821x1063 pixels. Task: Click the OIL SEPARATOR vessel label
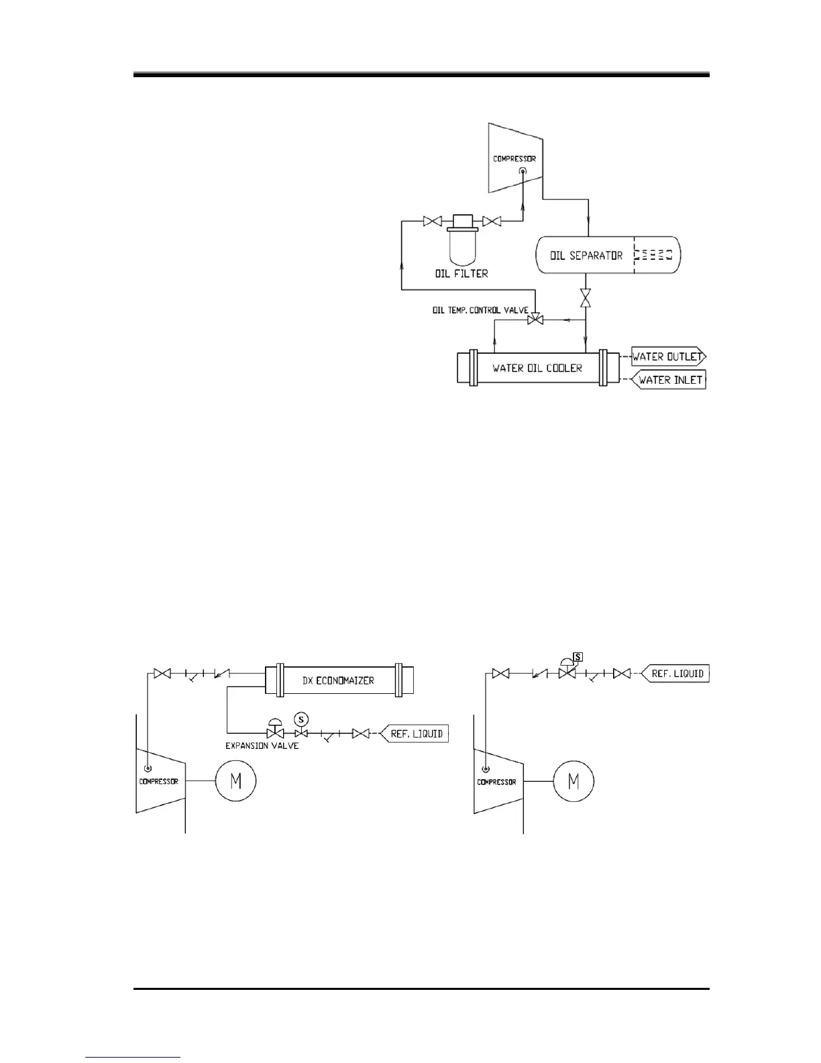586,256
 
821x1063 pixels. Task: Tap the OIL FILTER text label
461,273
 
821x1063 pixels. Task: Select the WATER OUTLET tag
667,357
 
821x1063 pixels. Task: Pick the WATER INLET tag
669,380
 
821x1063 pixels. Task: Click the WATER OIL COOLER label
537,368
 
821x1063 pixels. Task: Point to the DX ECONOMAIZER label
338,680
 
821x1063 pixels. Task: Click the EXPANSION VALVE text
262,746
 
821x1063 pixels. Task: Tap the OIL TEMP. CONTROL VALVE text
480,311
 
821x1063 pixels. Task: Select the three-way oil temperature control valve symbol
535,321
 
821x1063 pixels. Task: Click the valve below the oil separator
586,298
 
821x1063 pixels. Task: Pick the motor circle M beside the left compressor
235,780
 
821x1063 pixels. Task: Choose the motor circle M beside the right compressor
573,780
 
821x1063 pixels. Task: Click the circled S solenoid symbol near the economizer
302,719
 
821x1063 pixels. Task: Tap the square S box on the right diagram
578,657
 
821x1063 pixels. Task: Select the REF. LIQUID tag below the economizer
416,733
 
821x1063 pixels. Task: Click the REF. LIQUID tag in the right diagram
677,673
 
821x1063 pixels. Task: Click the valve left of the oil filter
431,221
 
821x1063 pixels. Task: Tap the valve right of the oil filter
492,221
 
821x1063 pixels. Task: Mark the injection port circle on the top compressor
523,172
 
